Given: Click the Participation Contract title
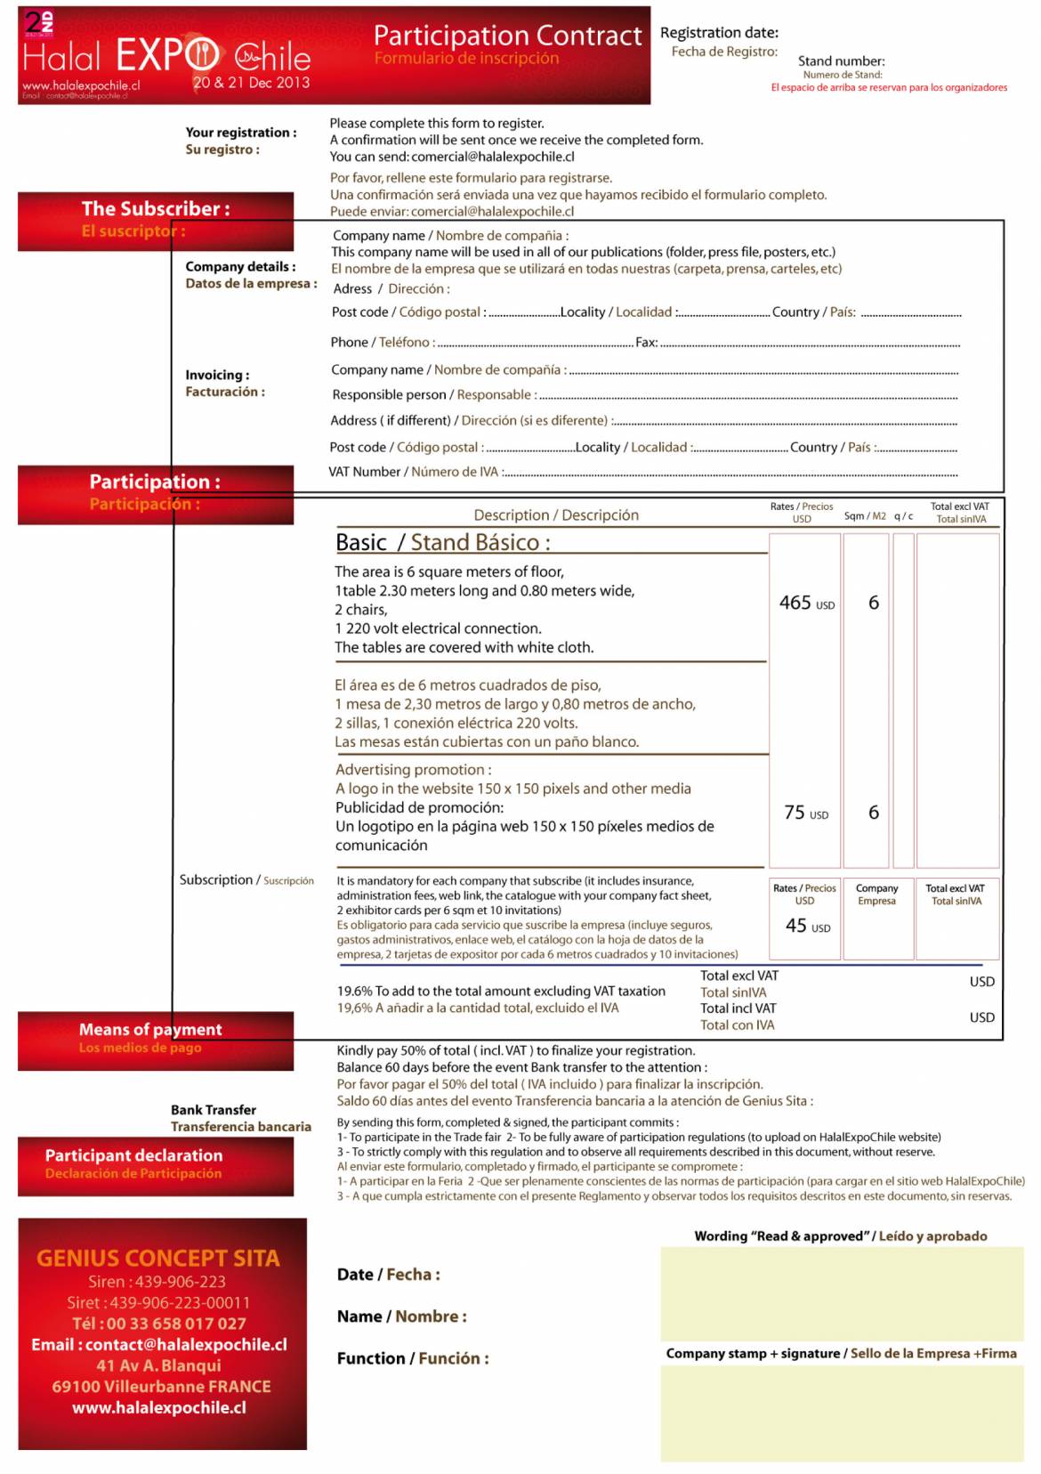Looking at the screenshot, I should coord(507,36).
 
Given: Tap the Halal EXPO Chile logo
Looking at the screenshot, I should coord(166,56).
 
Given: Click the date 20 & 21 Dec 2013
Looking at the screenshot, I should coord(251,83).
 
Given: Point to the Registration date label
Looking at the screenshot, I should coord(719,33).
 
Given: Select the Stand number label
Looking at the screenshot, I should coord(841,61).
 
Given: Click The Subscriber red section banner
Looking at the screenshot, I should coord(156,220).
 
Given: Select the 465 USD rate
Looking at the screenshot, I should coord(806,603).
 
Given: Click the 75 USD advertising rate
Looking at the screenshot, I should coord(806,813).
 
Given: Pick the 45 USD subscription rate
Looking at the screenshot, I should coord(807,926).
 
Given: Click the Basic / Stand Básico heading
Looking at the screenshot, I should coord(443,542).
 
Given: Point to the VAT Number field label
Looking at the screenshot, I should coord(414,472).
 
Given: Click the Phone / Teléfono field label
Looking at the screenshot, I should coord(382,343).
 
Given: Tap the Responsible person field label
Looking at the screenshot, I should coord(432,395).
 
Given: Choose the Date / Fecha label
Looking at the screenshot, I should coord(388,1275).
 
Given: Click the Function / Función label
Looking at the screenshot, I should coord(412,1358).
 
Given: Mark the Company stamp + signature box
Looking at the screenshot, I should coord(841,1413).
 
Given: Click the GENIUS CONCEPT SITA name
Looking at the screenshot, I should coord(157,1258).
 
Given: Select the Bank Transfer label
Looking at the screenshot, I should coord(214,1110).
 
